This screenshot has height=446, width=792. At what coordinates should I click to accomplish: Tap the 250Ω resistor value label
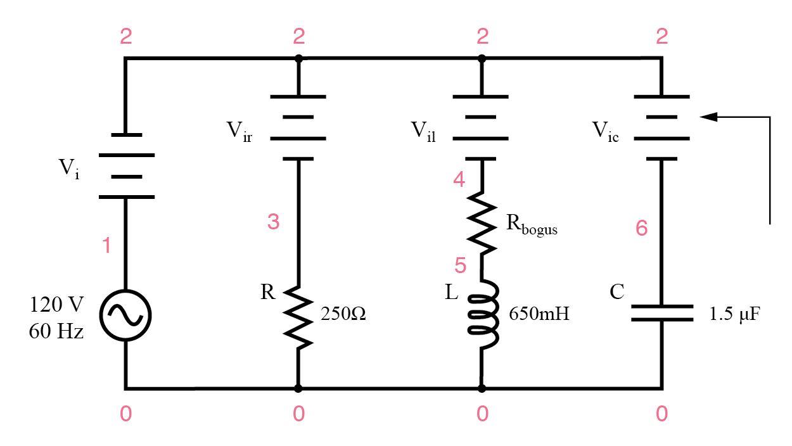click(343, 314)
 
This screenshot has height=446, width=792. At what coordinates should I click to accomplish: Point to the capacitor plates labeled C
click(661, 313)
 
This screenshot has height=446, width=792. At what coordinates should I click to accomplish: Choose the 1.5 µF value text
click(734, 314)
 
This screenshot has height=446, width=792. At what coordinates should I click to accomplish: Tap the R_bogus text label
click(531, 226)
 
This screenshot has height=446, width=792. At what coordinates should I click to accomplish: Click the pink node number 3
click(273, 222)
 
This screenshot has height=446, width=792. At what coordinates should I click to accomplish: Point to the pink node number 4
click(459, 180)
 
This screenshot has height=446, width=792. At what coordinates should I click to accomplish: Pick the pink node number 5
click(461, 265)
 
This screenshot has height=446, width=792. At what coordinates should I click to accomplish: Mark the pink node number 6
click(641, 229)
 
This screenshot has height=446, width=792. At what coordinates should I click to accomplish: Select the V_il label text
click(423, 132)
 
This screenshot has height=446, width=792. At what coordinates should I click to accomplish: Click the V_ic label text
click(606, 132)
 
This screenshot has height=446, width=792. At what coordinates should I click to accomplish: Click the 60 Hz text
click(56, 331)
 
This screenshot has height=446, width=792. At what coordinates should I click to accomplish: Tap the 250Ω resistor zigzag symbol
click(298, 315)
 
